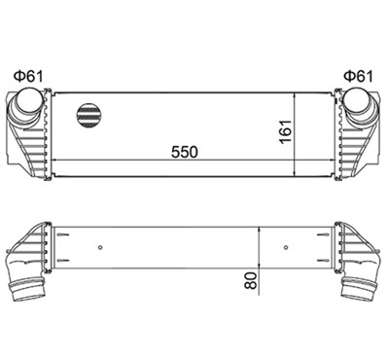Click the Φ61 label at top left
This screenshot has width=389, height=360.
(x=28, y=77)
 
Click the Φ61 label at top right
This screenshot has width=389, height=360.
(x=358, y=77)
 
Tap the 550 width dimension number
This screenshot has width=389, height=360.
(x=185, y=152)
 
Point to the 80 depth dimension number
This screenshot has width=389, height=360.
(x=251, y=280)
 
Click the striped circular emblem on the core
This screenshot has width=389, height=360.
(x=88, y=116)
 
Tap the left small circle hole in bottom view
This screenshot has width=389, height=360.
(x=100, y=248)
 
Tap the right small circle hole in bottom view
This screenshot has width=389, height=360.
(x=286, y=248)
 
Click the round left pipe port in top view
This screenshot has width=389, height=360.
(x=29, y=99)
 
